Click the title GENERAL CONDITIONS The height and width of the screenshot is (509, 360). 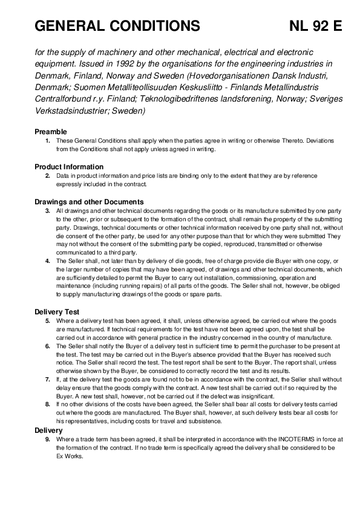pyautogui.click(x=117, y=26)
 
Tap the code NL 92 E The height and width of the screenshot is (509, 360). pyautogui.click(x=315, y=26)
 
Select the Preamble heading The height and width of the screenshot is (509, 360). pyautogui.click(x=51, y=132)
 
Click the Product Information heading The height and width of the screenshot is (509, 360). pyautogui.click(x=69, y=167)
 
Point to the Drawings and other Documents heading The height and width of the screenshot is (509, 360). pyautogui.click(x=89, y=202)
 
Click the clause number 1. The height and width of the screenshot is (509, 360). pyautogui.click(x=48, y=140)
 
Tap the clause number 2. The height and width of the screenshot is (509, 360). pyautogui.click(x=48, y=175)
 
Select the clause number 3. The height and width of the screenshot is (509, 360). pyautogui.click(x=48, y=210)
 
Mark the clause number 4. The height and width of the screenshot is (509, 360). pyautogui.click(x=48, y=261)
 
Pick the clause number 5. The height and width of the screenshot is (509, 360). pyautogui.click(x=48, y=320)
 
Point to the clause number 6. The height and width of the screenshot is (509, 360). pyautogui.click(x=48, y=346)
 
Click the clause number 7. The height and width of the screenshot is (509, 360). pyautogui.click(x=48, y=379)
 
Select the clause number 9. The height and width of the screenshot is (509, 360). pyautogui.click(x=48, y=439)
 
